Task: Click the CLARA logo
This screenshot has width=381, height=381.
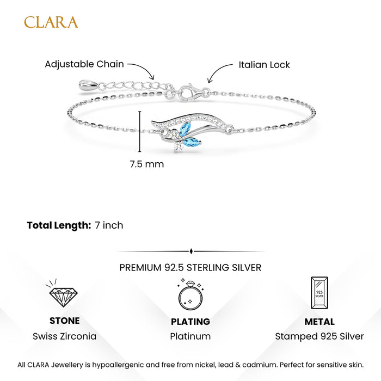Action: click(51, 22)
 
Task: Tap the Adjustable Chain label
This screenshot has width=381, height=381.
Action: click(84, 64)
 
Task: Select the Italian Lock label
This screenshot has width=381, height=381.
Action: click(264, 65)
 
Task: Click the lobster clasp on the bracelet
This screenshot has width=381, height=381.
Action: click(190, 92)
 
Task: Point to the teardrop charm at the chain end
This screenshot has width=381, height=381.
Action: click(88, 85)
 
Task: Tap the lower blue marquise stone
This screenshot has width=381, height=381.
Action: click(193, 142)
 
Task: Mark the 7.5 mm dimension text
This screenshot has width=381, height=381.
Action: click(147, 164)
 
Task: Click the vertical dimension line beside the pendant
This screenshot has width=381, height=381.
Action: click(140, 132)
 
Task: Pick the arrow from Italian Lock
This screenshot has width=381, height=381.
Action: click(217, 71)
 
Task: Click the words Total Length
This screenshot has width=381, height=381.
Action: click(59, 225)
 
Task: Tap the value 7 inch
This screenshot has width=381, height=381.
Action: click(109, 225)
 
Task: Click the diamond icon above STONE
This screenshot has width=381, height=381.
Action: click(64, 293)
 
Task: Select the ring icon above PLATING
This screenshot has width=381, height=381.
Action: click(190, 294)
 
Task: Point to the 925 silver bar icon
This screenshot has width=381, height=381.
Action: click(319, 293)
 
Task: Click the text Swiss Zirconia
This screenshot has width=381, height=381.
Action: click(65, 336)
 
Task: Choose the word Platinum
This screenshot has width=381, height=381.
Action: click(190, 336)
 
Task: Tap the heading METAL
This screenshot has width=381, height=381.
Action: click(319, 322)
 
